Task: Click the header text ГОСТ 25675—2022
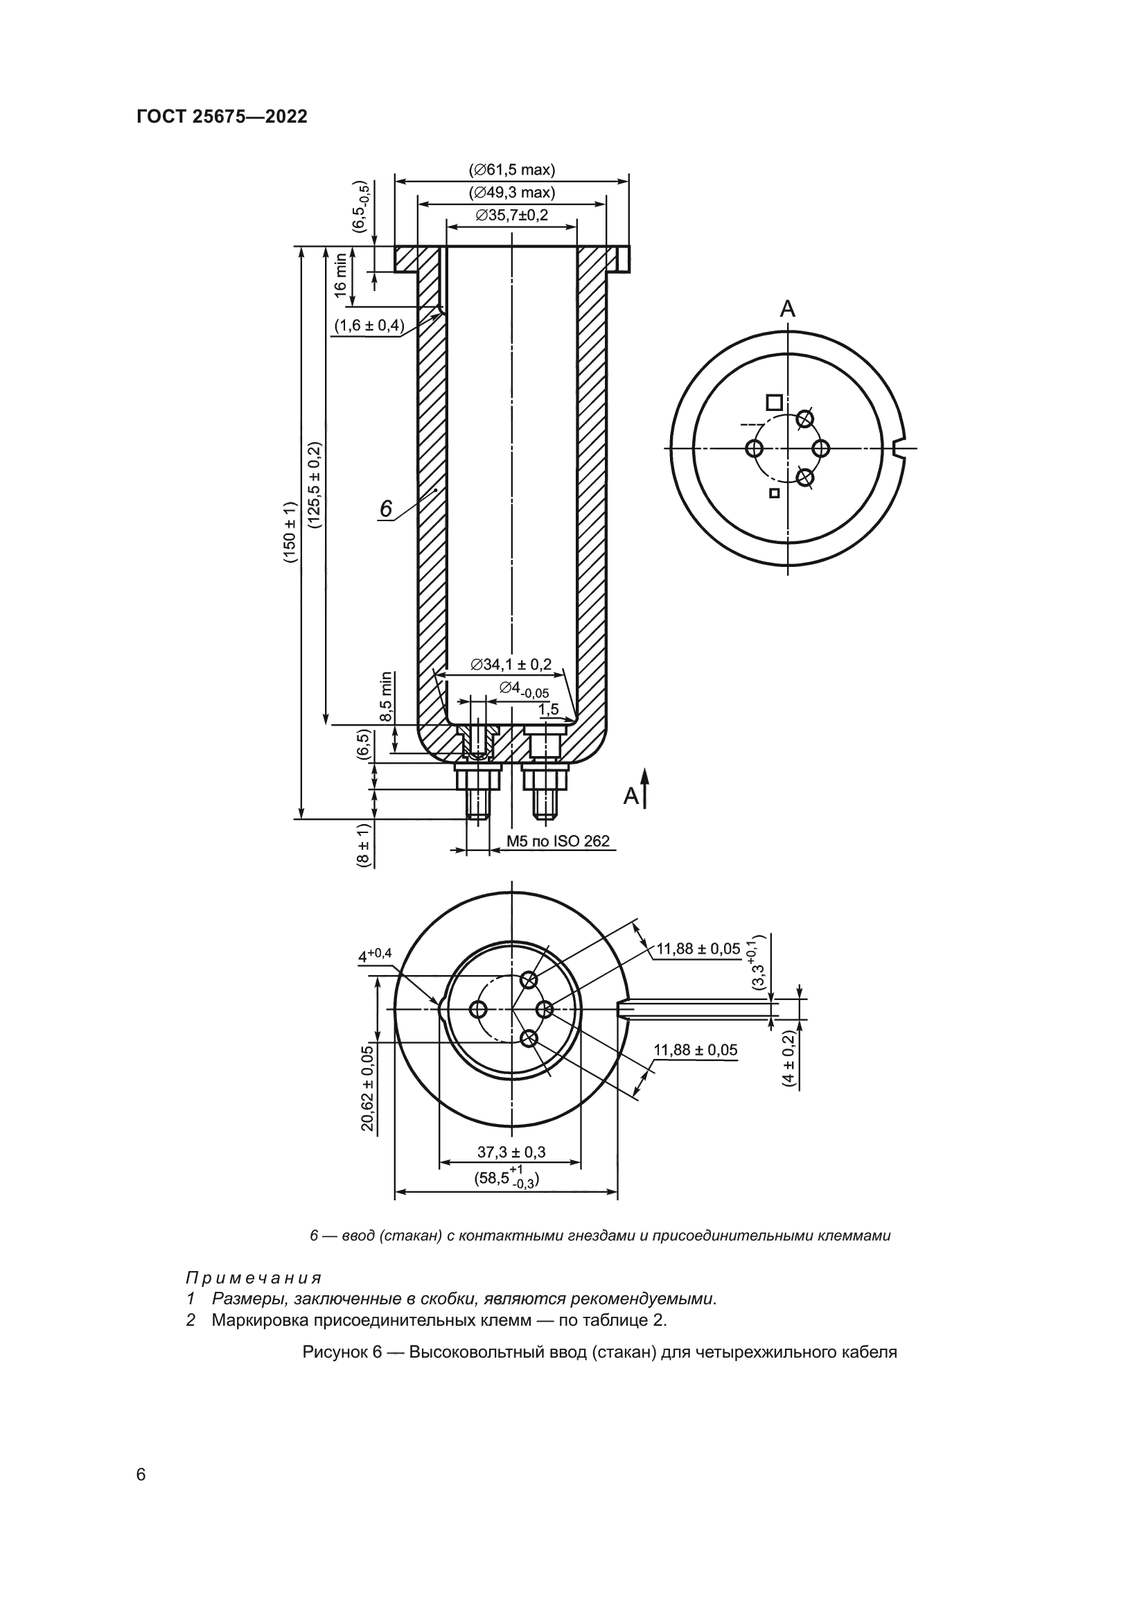tap(222, 116)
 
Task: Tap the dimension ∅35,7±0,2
tap(511, 216)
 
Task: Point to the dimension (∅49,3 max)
tap(511, 193)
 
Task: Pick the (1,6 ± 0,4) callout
tap(369, 326)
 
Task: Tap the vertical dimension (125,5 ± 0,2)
tap(314, 485)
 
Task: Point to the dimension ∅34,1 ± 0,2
tap(511, 665)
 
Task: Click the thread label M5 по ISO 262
tap(558, 841)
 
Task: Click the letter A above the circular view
tap(788, 308)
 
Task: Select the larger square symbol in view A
tap(774, 403)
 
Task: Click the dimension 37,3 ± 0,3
tap(511, 1153)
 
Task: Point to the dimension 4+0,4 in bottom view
tap(375, 955)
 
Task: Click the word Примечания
tap(254, 1278)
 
